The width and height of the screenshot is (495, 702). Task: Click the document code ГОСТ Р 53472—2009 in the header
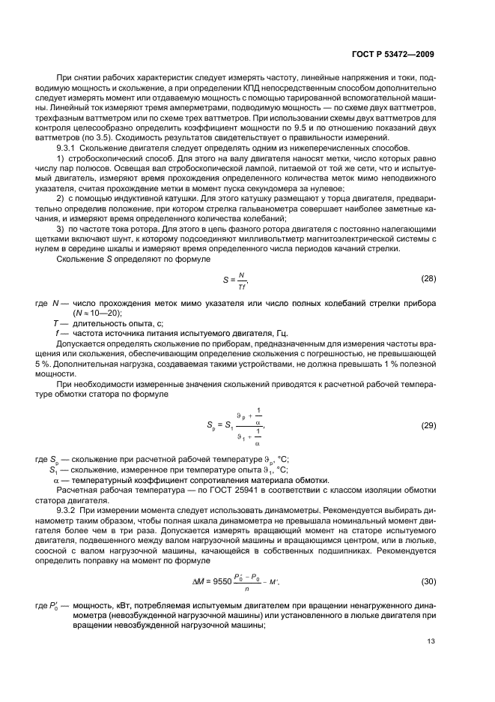(393, 54)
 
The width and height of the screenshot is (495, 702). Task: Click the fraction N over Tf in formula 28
(242, 279)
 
